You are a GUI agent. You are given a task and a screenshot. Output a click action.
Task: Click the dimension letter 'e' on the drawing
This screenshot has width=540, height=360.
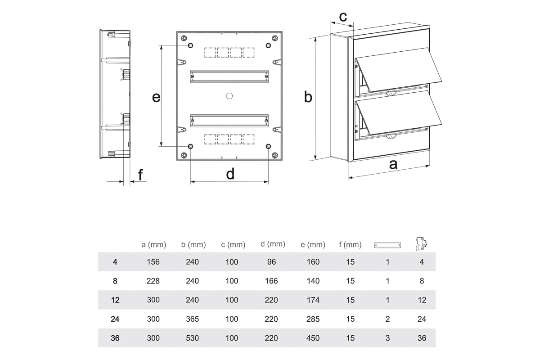point(156,97)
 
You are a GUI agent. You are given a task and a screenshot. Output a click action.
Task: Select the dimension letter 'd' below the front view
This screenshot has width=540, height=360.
point(230,174)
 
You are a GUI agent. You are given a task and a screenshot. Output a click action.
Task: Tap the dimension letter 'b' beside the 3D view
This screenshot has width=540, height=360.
point(308,97)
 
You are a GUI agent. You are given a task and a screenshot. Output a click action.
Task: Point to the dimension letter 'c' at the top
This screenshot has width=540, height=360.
point(342,17)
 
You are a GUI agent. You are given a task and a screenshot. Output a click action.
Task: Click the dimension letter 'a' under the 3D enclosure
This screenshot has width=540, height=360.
point(393,164)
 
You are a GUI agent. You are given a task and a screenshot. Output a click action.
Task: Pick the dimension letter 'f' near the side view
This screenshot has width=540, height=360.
point(141,175)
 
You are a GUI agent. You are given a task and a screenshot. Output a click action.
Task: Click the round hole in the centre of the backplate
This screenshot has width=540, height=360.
point(229,95)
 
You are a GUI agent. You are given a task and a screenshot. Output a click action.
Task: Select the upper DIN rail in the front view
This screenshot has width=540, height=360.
point(229,76)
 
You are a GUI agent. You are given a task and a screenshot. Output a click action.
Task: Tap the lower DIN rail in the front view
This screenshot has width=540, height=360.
point(229,120)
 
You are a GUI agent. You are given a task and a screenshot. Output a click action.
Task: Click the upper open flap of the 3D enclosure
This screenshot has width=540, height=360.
point(396,70)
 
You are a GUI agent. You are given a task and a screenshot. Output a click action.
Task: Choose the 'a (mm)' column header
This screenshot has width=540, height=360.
point(153,245)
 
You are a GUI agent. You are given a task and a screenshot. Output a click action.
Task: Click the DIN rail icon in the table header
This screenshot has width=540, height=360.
point(387,245)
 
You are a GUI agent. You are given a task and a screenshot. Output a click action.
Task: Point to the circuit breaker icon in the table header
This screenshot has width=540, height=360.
point(421,243)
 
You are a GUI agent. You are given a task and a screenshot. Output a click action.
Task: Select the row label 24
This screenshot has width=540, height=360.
point(115,319)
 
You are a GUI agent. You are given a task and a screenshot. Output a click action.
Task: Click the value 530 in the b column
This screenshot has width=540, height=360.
point(193,338)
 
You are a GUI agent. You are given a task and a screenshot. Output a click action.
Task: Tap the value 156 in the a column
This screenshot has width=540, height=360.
point(153,262)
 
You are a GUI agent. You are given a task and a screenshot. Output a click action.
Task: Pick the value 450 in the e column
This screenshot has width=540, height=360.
point(313,338)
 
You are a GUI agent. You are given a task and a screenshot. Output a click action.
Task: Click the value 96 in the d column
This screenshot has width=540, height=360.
point(271,262)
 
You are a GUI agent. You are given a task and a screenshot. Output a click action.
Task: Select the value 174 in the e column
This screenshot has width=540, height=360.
point(313,300)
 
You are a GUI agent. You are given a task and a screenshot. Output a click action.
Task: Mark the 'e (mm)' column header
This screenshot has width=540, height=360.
point(313,245)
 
